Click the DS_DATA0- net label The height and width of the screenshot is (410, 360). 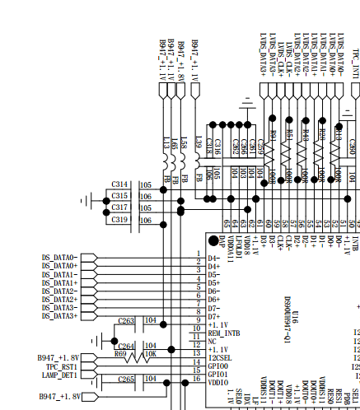[x=60, y=258]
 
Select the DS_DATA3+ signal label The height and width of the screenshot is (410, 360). [x=60, y=316]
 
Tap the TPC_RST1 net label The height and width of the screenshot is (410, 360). [x=61, y=366]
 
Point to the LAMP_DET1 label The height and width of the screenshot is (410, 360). [x=60, y=375]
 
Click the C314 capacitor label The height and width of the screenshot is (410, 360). [x=119, y=184]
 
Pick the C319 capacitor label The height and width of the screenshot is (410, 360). [x=119, y=220]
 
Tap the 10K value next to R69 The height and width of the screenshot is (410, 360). [x=151, y=354]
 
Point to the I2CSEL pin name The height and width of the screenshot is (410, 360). [x=219, y=357]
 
